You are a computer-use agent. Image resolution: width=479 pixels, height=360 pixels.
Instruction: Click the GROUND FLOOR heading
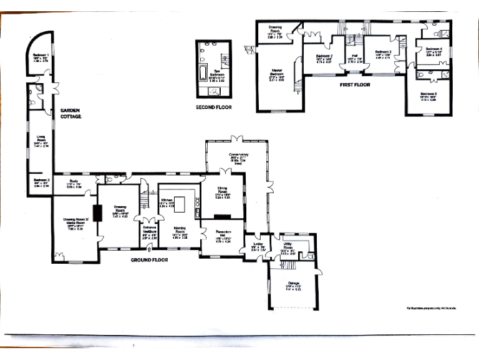[x=152, y=259]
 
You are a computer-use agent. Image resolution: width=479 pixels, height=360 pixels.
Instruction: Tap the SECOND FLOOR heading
[x=214, y=107]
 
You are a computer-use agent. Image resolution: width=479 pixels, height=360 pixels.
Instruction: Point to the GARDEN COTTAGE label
[x=71, y=112]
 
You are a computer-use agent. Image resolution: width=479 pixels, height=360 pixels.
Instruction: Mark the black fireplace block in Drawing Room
[x=97, y=214]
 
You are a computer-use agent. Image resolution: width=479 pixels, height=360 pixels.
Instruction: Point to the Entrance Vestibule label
[x=150, y=231]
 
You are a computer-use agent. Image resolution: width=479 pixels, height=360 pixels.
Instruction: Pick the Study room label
[x=74, y=182]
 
